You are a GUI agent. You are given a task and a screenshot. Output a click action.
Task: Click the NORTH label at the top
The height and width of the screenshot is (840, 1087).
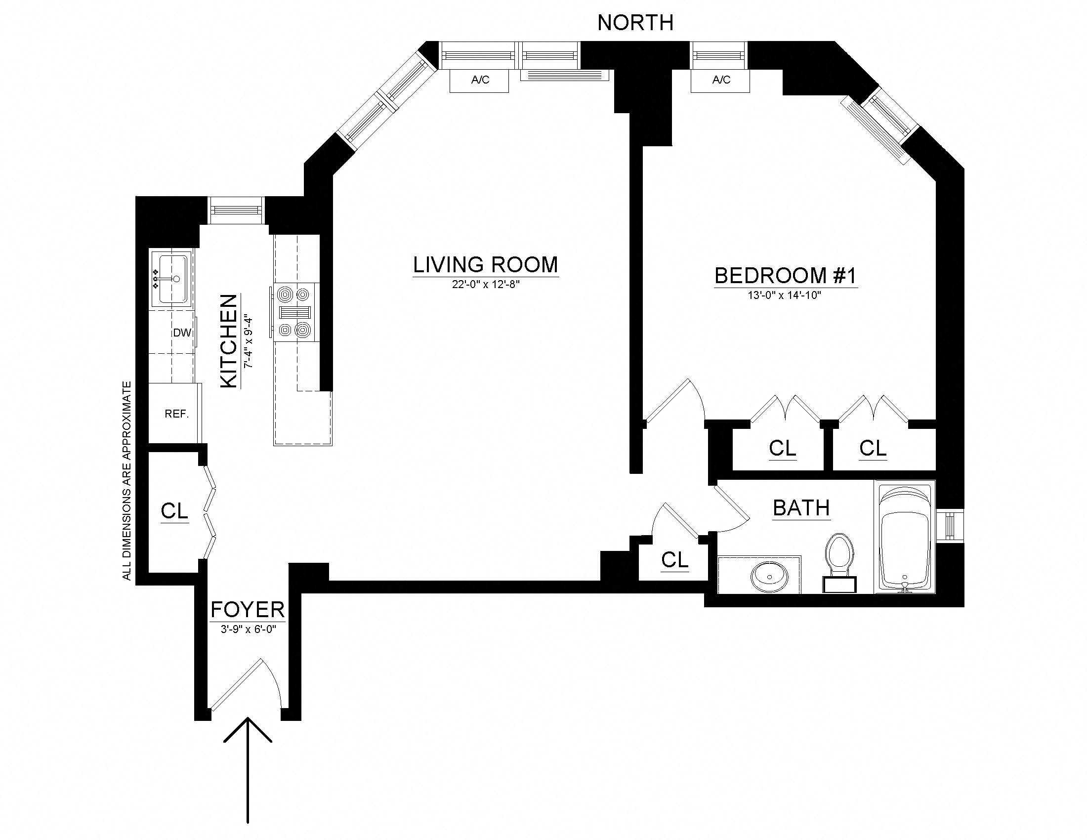635,23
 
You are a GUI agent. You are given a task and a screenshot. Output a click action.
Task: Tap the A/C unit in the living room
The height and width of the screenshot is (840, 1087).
479,80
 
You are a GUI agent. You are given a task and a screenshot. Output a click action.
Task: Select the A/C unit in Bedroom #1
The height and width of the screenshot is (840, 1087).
720,80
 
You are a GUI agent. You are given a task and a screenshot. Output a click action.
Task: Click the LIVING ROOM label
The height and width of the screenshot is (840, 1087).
485,265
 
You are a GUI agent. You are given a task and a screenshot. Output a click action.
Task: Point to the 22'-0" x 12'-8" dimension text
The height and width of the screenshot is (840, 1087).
485,285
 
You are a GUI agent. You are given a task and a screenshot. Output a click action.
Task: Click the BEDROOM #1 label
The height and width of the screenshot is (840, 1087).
786,276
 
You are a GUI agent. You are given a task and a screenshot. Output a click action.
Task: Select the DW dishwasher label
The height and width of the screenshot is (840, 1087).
182,333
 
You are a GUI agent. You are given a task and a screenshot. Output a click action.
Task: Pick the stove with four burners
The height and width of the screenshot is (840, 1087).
295,312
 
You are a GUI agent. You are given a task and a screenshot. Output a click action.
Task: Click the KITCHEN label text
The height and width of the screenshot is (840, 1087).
229,341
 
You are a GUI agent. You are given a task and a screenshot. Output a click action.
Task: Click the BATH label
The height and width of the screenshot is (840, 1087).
801,508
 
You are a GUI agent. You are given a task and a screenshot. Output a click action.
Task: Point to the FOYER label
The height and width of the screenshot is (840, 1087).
248,610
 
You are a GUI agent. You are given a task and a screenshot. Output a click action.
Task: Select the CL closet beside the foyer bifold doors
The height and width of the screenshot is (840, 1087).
174,510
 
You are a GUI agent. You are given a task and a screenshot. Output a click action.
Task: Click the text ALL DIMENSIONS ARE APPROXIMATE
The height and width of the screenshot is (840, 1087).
127,480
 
